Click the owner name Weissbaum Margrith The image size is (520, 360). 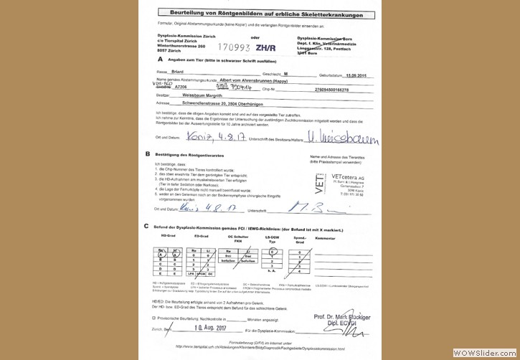click(x=205, y=96)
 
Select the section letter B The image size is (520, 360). click(x=148, y=154)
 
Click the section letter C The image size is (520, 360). click(x=148, y=226)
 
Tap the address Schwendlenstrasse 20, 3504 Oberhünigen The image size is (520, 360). click(x=228, y=103)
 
